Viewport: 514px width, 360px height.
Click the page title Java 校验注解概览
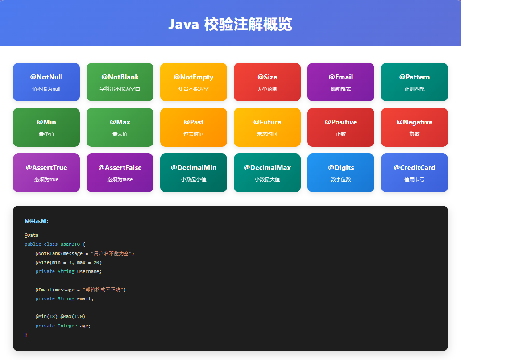pyautogui.click(x=230, y=24)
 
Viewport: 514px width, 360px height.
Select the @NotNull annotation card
pyautogui.click(x=46, y=82)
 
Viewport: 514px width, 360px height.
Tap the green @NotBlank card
pyautogui.click(x=120, y=82)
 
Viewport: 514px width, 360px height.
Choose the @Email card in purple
pyautogui.click(x=341, y=82)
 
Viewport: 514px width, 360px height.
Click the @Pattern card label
pyautogui.click(x=415, y=77)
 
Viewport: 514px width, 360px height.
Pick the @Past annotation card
pyautogui.click(x=194, y=127)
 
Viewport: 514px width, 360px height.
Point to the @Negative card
pyautogui.click(x=415, y=127)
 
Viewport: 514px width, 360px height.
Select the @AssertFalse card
pyautogui.click(x=120, y=173)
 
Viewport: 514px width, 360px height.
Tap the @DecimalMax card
pyautogui.click(x=267, y=173)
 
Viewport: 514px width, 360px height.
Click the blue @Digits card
pyautogui.click(x=341, y=173)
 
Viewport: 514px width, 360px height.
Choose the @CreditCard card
pyautogui.click(x=415, y=173)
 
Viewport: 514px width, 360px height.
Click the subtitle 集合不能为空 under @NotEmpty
pyautogui.click(x=194, y=89)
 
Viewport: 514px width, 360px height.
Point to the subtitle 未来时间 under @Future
pyautogui.click(x=267, y=134)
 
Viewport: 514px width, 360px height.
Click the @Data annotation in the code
pyautogui.click(x=32, y=235)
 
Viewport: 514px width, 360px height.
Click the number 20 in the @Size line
pyautogui.click(x=96, y=262)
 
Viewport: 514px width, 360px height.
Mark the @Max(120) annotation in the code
pyautogui.click(x=73, y=317)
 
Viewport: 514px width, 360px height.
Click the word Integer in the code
pyautogui.click(x=67, y=326)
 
